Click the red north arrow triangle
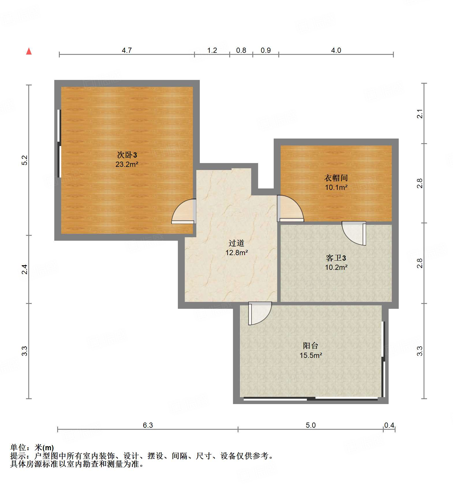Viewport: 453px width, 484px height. pos(29,51)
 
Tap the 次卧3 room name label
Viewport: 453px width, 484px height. pos(127,155)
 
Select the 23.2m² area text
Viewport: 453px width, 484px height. pos(127,165)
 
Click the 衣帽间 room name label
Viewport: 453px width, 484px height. pos(336,178)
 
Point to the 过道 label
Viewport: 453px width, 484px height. pos(236,243)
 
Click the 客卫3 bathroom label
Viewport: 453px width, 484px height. pos(336,258)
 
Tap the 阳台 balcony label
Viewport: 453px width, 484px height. pos(311,346)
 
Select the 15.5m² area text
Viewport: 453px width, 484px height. pos(311,355)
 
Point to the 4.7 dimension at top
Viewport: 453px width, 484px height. pos(126,51)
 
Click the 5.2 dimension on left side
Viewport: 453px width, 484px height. pos(25,160)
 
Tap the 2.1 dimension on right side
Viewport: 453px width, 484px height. pos(420,114)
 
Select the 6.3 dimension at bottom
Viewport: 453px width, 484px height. pos(148,425)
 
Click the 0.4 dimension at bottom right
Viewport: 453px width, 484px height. pos(389,425)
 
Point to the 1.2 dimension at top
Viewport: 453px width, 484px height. pos(212,51)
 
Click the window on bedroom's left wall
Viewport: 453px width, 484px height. pos(59,143)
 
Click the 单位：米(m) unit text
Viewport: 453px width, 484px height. pos(32,448)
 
